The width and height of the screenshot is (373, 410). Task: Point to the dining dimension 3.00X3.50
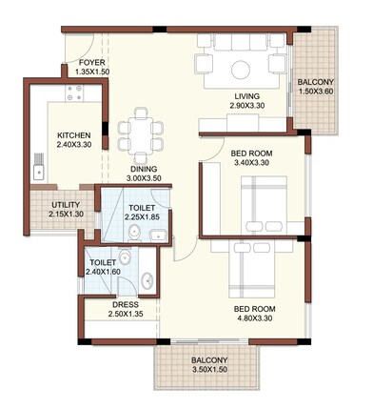[146, 178]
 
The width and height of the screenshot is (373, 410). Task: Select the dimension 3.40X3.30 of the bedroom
[252, 163]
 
